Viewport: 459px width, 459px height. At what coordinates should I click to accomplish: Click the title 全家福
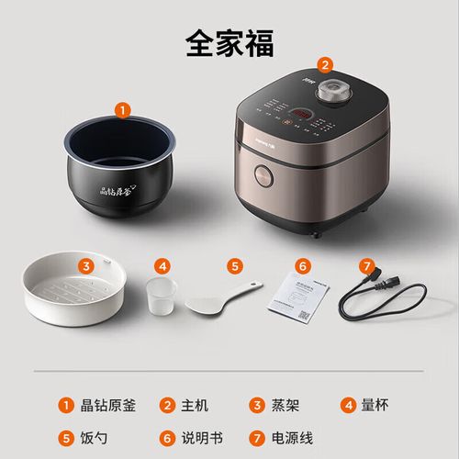tap(229, 41)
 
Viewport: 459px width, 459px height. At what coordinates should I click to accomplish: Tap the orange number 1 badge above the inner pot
tap(123, 109)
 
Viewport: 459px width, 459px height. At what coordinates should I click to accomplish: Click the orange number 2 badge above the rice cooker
tap(324, 64)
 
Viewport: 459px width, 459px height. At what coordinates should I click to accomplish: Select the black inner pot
tap(122, 169)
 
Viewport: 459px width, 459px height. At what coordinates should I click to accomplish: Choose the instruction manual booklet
tap(299, 299)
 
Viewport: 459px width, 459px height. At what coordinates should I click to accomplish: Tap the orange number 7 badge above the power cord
tap(366, 267)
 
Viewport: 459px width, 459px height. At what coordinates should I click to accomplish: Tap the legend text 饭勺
tap(93, 437)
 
